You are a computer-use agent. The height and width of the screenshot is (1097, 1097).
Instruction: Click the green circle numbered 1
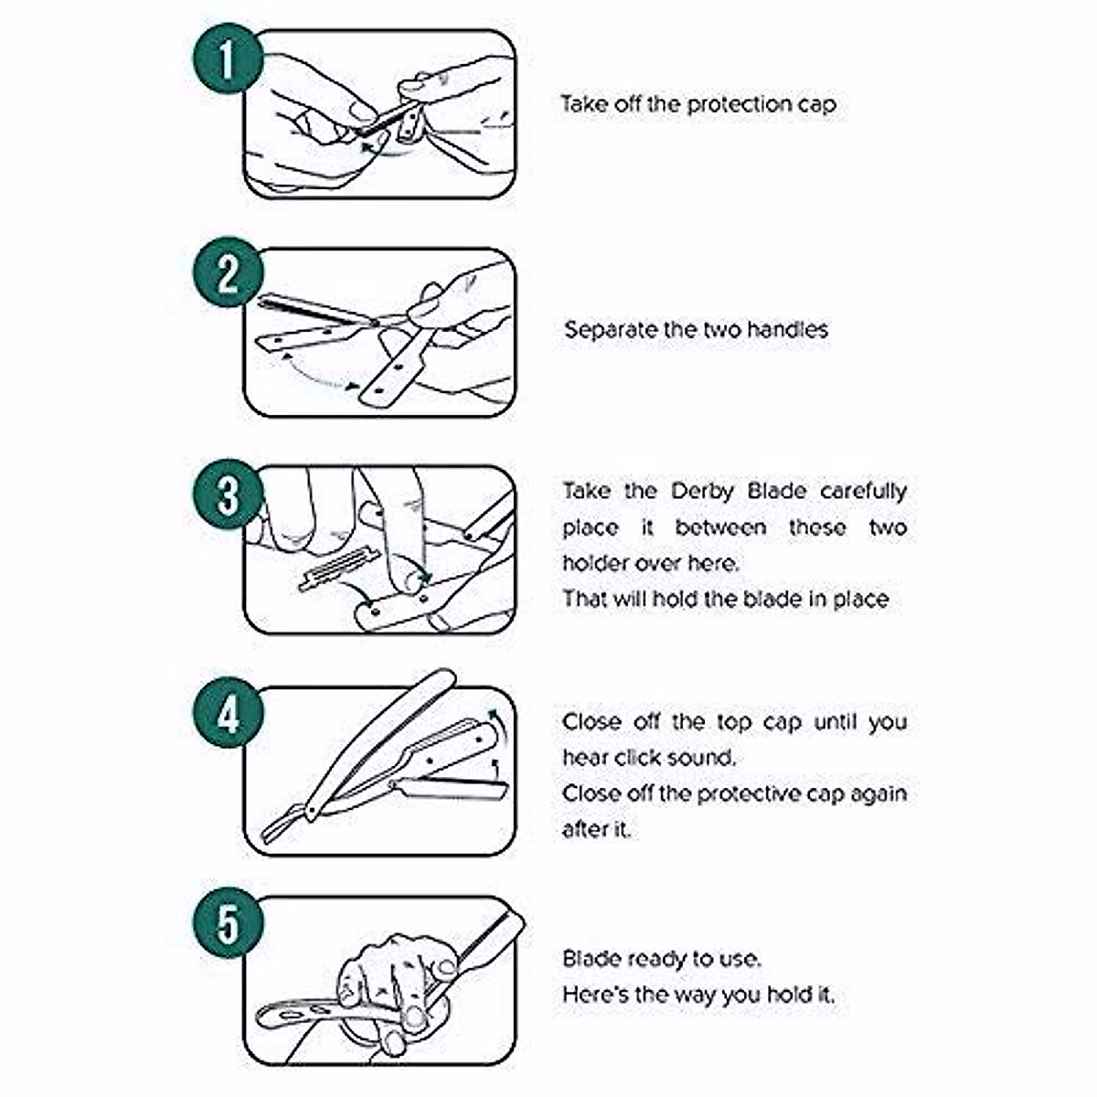(228, 61)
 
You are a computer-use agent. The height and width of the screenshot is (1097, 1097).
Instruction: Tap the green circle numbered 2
(228, 273)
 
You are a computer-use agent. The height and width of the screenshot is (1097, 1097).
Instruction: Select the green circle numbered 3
(228, 496)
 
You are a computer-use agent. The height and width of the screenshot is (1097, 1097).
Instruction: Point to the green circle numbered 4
(228, 714)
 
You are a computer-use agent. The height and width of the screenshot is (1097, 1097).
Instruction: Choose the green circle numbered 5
(228, 926)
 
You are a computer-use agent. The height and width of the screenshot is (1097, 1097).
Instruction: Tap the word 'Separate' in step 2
(610, 329)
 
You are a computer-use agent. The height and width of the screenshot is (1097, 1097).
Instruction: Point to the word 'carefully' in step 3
(863, 491)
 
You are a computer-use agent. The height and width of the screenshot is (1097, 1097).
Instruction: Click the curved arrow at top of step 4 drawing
(491, 720)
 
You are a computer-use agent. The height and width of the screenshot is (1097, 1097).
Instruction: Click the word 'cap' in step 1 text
(816, 105)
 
